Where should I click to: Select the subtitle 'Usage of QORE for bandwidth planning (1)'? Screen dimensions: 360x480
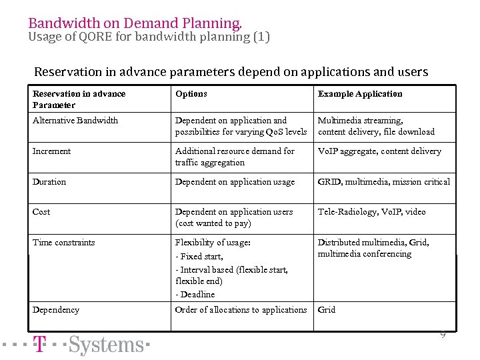(149, 37)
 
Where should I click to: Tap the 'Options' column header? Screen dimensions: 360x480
(191, 94)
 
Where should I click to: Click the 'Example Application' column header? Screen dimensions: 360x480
(360, 94)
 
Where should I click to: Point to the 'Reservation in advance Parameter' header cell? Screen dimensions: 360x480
(79, 99)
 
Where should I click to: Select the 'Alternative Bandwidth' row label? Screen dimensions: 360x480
(75, 121)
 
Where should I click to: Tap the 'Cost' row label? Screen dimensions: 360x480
(41, 212)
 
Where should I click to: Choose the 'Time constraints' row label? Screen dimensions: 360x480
(64, 243)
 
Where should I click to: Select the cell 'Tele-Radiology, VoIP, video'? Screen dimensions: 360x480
(371, 212)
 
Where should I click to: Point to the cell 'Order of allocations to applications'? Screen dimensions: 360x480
(241, 310)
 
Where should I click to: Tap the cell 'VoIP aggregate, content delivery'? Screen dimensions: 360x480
(379, 151)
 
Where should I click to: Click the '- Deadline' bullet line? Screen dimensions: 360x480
(195, 295)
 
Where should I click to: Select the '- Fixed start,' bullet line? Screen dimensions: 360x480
(199, 257)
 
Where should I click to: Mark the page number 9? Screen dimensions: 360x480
(443, 335)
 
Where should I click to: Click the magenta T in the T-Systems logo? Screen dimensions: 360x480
(40, 345)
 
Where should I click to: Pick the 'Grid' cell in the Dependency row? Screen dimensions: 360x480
(327, 310)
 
